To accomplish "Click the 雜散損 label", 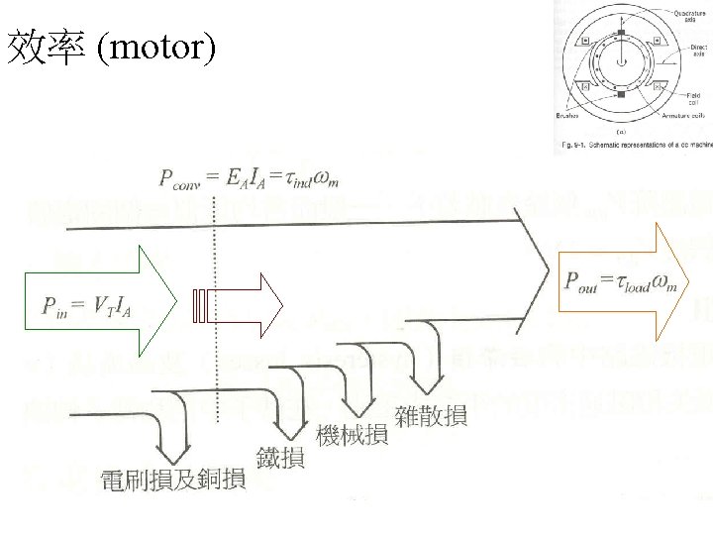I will (431, 416).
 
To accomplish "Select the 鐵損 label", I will (281, 459).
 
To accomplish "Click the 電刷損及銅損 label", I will (172, 481).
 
